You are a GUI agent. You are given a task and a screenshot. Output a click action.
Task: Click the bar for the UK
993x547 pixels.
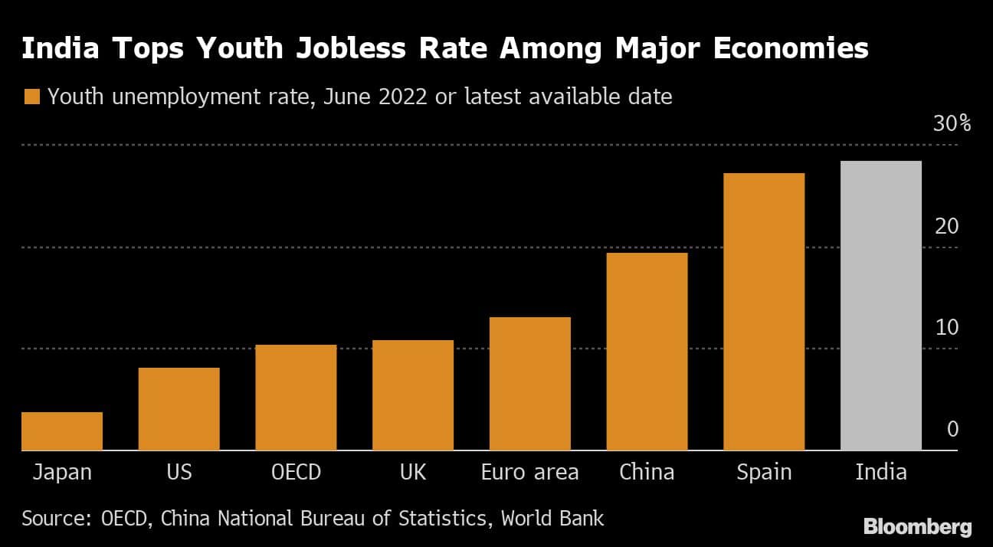coord(413,395)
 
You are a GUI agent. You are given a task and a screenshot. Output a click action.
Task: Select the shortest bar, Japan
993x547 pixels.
coord(62,431)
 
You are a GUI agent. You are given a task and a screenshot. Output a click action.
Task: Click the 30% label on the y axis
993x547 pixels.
coord(951,124)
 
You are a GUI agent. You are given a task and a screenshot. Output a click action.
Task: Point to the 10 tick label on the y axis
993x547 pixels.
coord(947,327)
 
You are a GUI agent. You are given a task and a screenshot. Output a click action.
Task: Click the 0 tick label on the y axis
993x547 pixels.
coord(952,429)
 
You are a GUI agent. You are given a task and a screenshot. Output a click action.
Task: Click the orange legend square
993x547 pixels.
coord(31,97)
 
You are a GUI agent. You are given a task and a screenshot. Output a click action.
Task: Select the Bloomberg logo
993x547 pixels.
coord(917,527)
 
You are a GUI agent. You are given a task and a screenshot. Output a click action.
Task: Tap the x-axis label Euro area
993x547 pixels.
coord(529,472)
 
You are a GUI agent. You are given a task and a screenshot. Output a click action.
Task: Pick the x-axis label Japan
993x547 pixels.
coord(62,472)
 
